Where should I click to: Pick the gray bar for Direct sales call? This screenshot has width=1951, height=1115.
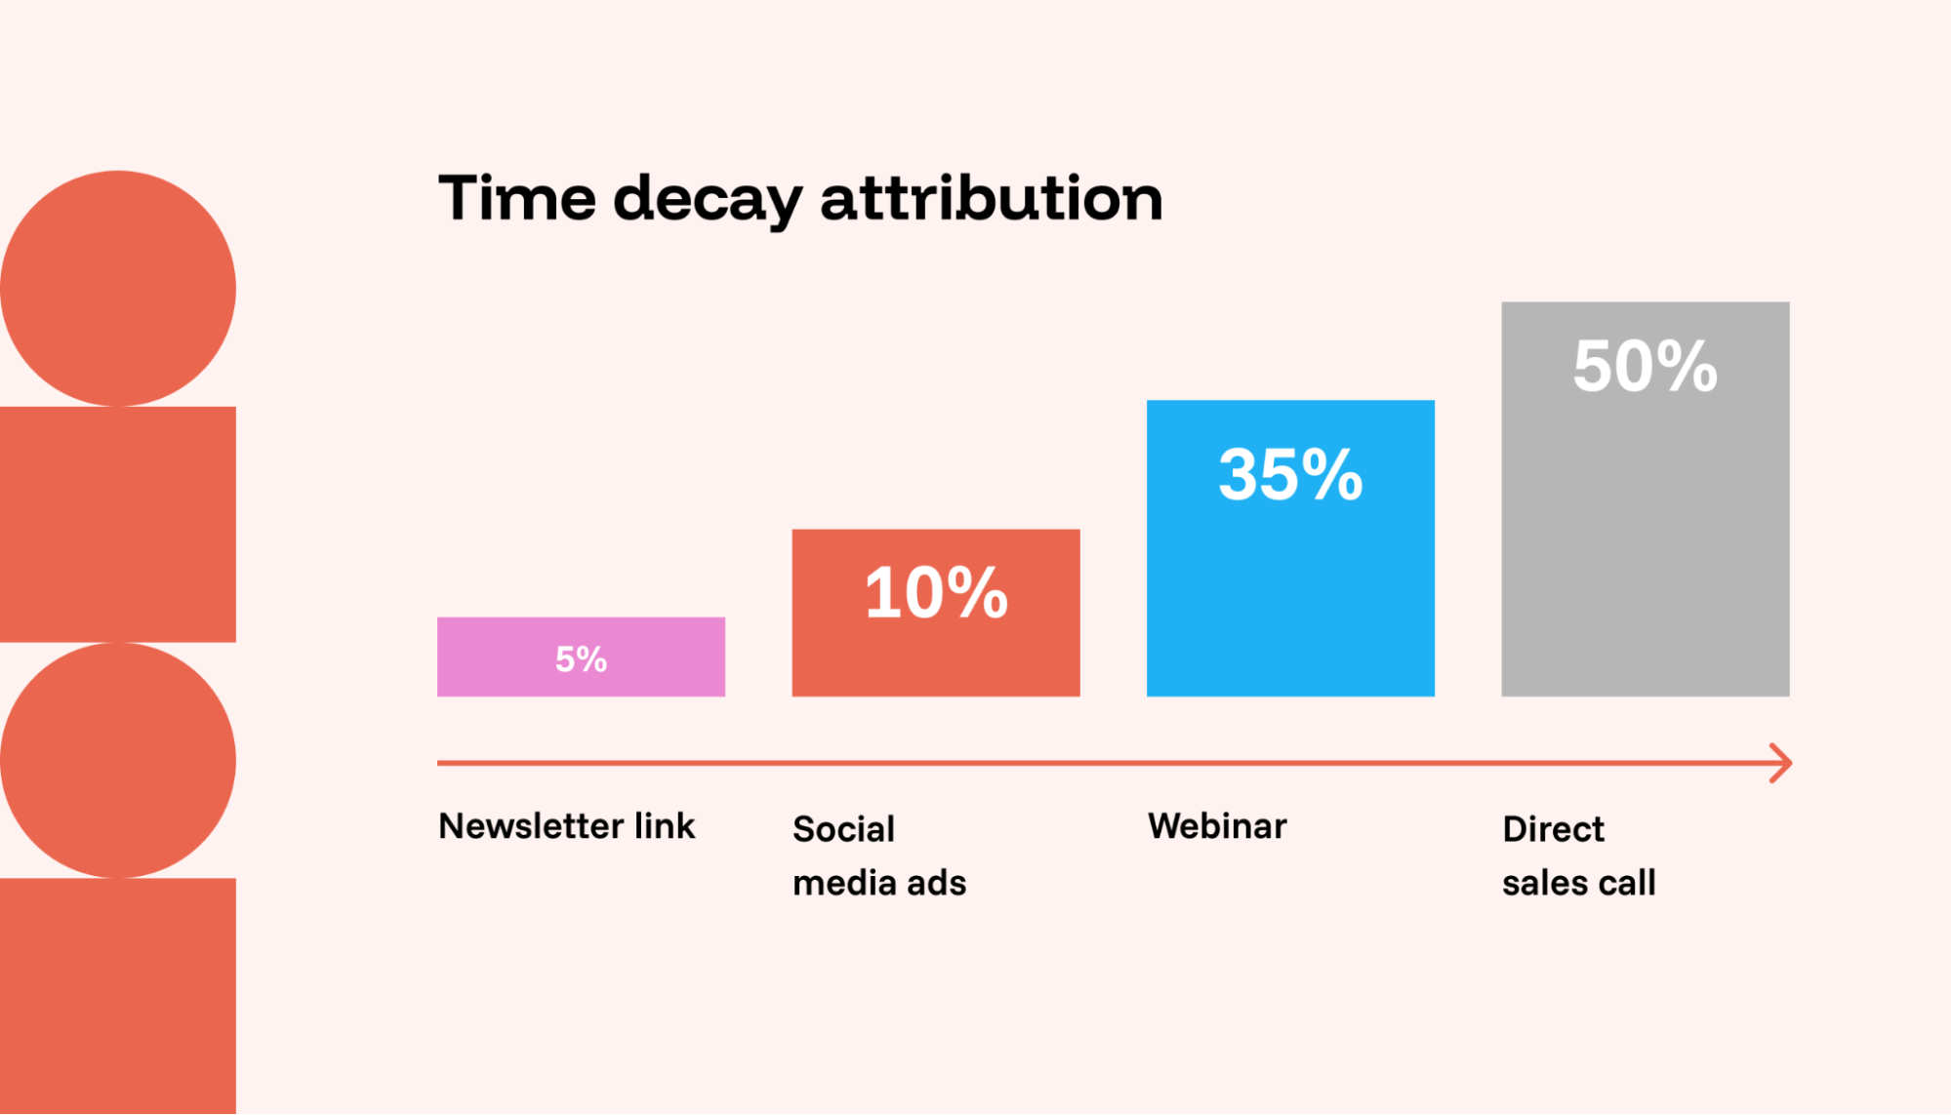pyautogui.click(x=1645, y=546)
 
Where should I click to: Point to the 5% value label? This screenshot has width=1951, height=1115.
pyautogui.click(x=581, y=659)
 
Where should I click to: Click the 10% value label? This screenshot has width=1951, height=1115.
pyautogui.click(x=935, y=592)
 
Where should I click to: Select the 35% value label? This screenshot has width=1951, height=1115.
pyautogui.click(x=1290, y=475)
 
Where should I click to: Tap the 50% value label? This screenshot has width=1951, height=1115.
pyautogui.click(x=1645, y=367)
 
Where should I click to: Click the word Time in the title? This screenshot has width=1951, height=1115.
pyautogui.click(x=516, y=198)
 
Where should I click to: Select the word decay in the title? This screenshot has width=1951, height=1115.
pyautogui.click(x=707, y=200)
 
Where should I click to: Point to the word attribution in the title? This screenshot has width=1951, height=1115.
pyautogui.click(x=991, y=198)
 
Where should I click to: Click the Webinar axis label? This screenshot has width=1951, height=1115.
pyautogui.click(x=1217, y=826)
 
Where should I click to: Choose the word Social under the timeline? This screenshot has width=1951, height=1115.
pyautogui.click(x=843, y=829)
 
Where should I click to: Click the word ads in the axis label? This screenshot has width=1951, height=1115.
pyautogui.click(x=936, y=883)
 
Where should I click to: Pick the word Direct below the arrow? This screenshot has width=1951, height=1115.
pyautogui.click(x=1553, y=829)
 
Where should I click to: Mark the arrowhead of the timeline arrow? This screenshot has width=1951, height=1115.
pyautogui.click(x=1782, y=763)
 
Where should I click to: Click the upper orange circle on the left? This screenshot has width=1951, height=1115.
pyautogui.click(x=117, y=289)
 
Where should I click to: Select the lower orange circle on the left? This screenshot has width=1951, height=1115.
pyautogui.click(x=117, y=760)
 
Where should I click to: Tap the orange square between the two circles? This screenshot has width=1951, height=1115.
pyautogui.click(x=117, y=524)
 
